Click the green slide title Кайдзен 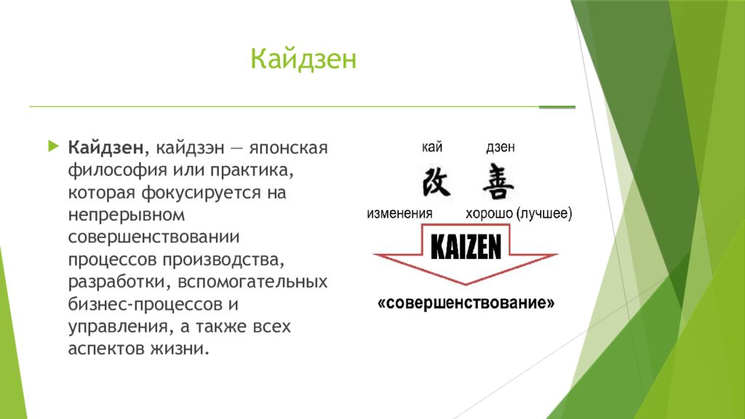[303, 59]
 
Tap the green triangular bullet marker [54, 145]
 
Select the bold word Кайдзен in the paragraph [105, 148]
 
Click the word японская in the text [288, 148]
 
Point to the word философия [117, 170]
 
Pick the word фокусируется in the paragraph [202, 193]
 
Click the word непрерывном [127, 215]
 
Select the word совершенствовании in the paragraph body [154, 237]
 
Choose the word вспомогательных [252, 282]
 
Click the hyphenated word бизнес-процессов [146, 304]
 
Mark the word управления [117, 327]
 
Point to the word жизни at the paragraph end [180, 348]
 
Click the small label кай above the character [432, 147]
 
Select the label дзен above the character [501, 147]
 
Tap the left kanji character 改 [437, 182]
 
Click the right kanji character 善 [498, 181]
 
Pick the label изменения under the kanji [399, 213]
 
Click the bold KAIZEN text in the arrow [466, 247]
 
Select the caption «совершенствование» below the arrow [466, 303]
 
